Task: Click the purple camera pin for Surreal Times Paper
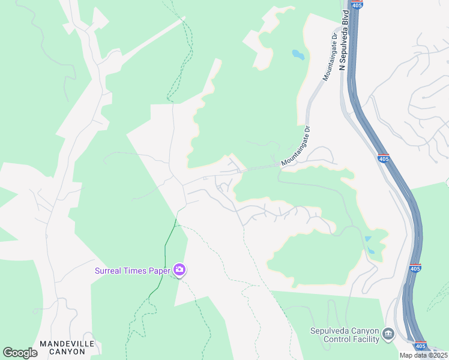point(178,269)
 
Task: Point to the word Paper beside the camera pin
point(159,270)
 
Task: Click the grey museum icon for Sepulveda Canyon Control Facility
point(388,334)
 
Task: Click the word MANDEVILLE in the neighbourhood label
point(67,343)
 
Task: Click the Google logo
point(20,353)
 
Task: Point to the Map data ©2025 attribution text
point(423,355)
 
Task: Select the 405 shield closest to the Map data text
point(421,346)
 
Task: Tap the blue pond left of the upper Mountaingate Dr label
point(298,56)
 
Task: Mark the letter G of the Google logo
point(8,353)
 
